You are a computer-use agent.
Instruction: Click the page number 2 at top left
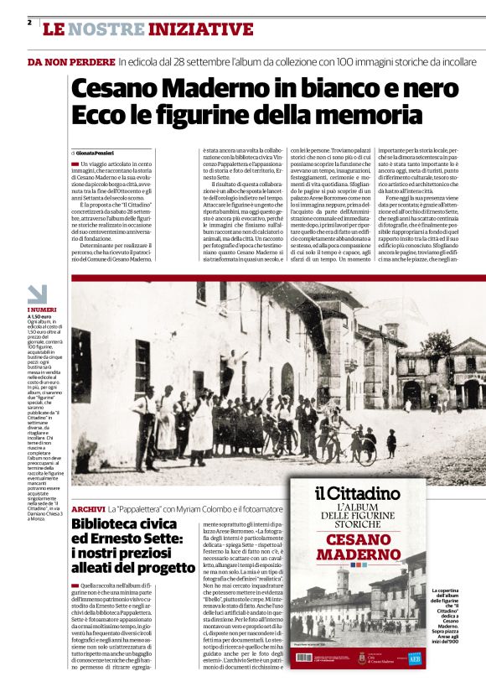click(29, 23)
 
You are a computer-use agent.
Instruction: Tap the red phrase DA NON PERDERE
click(71, 62)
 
